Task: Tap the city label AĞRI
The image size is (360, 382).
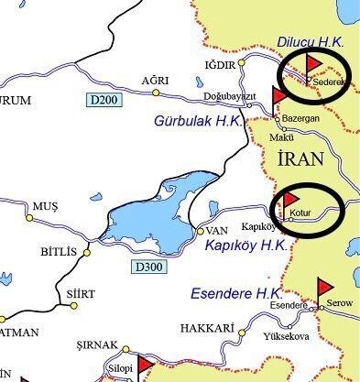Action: coord(154,81)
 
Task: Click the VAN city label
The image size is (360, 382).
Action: coord(216,230)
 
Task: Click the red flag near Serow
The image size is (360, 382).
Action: coord(325,288)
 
